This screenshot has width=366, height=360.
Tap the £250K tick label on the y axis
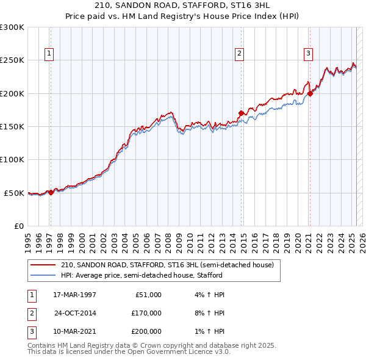tap(12, 60)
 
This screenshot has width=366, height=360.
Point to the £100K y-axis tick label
tap(12, 159)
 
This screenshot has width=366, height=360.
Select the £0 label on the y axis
tap(18, 226)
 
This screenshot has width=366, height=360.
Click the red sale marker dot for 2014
tap(242, 113)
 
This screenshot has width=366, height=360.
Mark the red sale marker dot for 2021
tap(310, 93)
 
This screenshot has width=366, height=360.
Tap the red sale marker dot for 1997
tap(51, 192)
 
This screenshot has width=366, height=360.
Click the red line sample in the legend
tap(43, 265)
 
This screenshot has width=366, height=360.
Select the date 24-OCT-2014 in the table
tap(75, 313)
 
